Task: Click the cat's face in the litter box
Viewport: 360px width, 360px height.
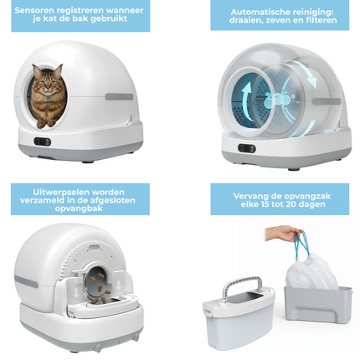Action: point(45,83)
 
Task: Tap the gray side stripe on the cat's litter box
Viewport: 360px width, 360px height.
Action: point(119,96)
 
